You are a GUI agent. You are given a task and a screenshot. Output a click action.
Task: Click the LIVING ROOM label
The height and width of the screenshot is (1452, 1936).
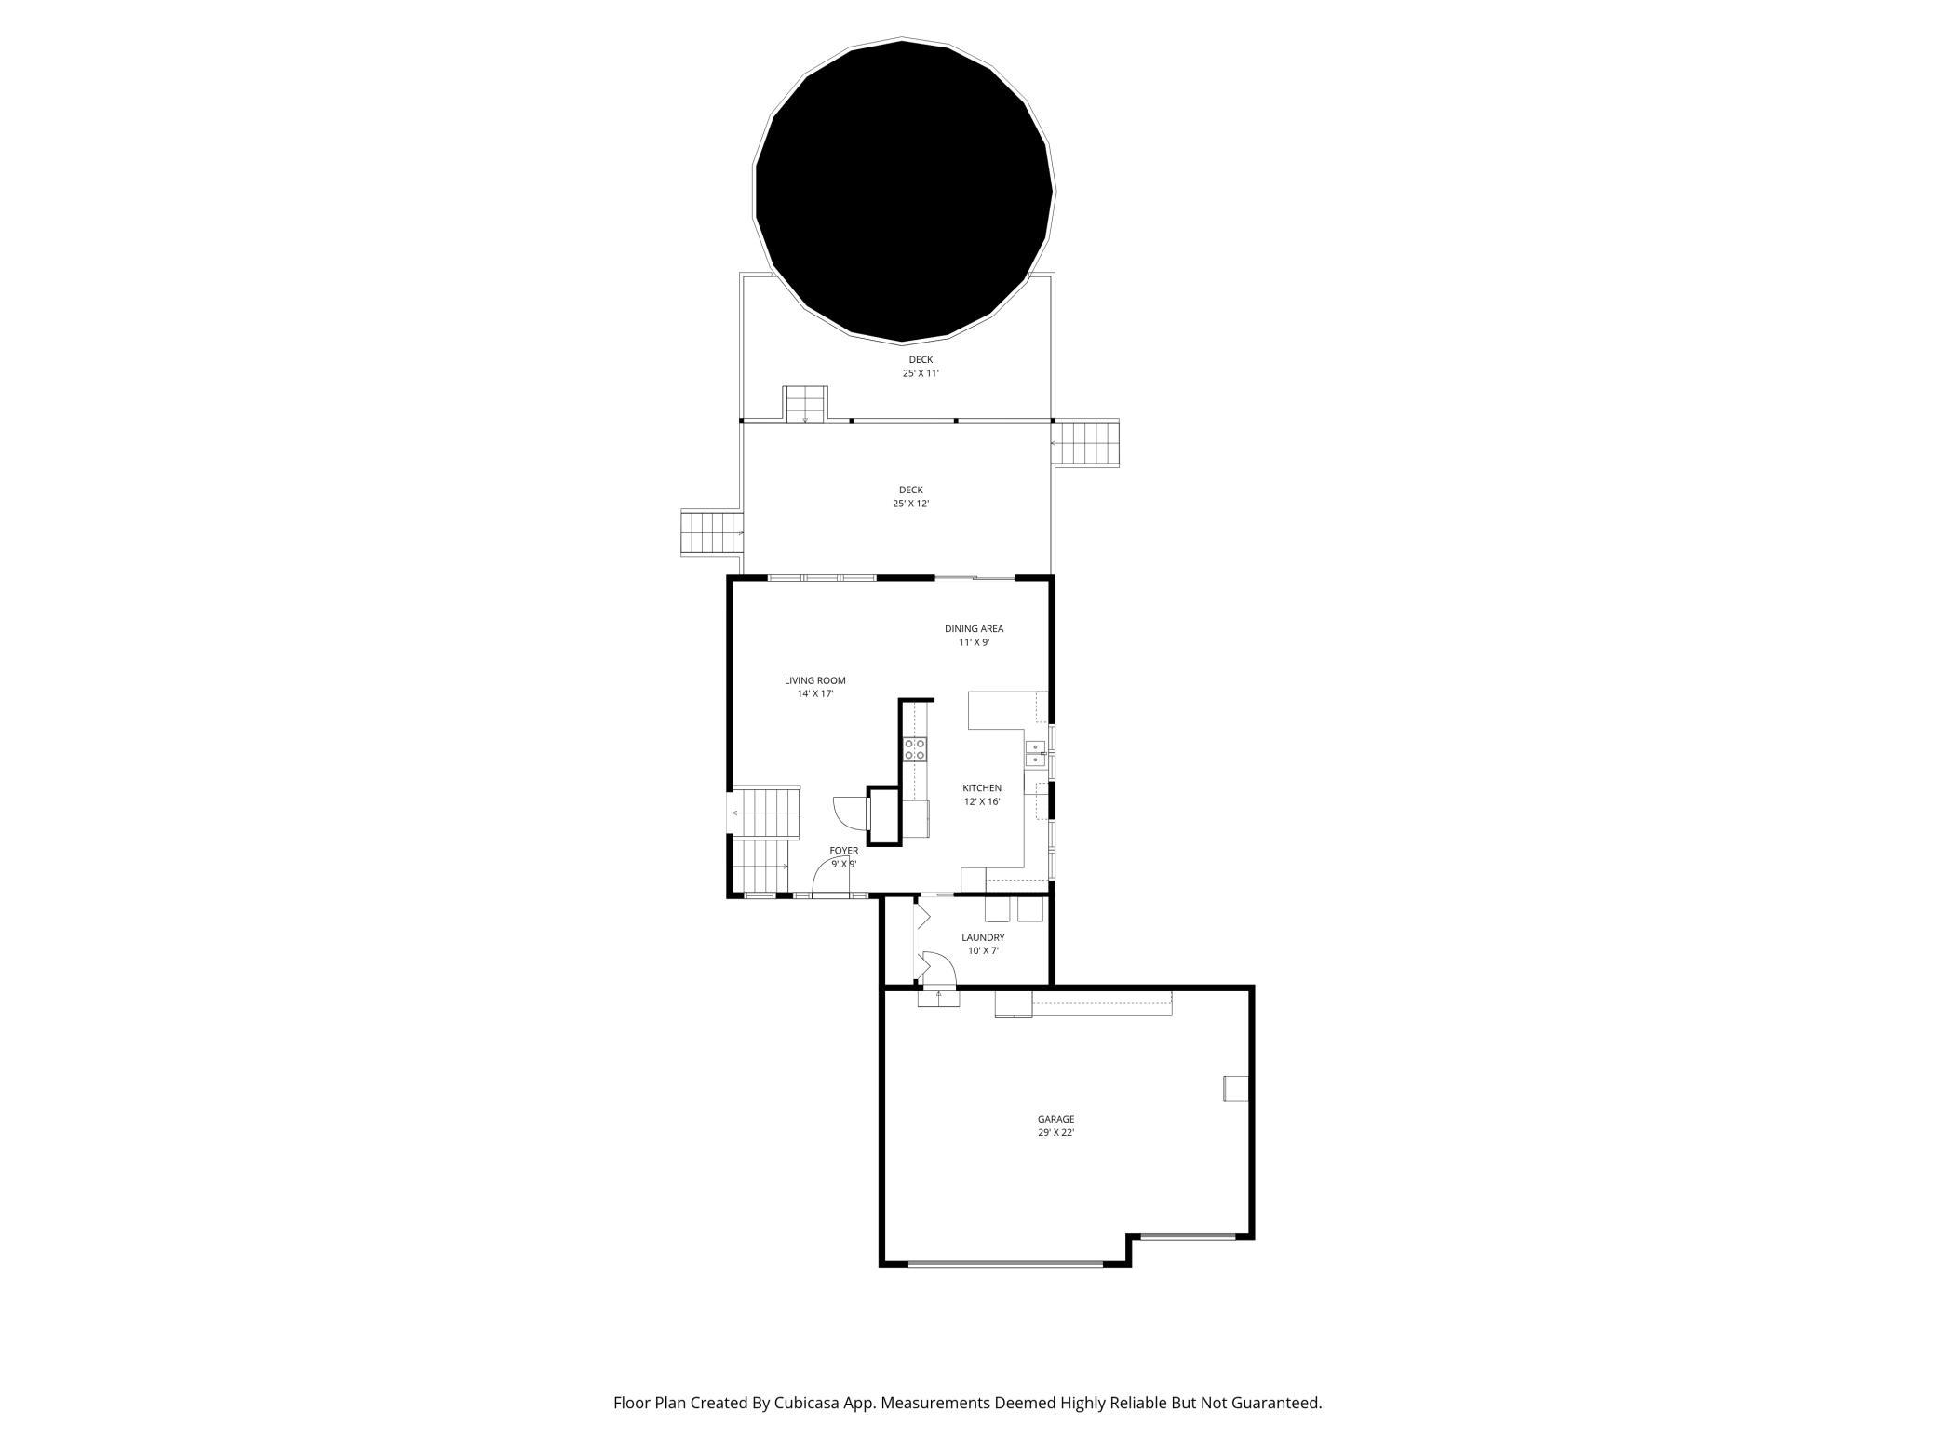tap(814, 680)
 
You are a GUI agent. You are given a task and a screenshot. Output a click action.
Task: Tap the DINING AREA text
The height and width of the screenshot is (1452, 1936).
tap(974, 628)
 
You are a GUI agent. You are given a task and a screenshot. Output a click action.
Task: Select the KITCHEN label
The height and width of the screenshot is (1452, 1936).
tap(981, 788)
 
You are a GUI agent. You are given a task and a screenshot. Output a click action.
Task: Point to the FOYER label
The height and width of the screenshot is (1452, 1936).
tap(843, 851)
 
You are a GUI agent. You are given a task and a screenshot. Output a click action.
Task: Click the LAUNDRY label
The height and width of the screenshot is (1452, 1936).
tap(983, 937)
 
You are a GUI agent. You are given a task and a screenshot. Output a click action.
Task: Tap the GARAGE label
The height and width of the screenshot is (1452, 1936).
tap(1055, 1119)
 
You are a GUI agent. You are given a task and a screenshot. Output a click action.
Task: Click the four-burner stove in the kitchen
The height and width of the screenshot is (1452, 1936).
tap(915, 749)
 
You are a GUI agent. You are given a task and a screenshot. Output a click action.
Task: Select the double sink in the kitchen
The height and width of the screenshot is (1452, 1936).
tap(1034, 754)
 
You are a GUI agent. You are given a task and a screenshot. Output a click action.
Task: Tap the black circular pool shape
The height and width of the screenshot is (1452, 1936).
tap(903, 191)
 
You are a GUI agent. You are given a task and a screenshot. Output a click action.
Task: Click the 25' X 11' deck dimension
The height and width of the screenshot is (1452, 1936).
tap(921, 373)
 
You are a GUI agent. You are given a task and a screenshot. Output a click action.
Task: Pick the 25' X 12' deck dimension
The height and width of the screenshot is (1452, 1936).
tap(910, 504)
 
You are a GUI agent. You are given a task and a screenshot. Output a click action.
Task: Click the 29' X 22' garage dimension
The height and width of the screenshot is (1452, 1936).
tap(1055, 1133)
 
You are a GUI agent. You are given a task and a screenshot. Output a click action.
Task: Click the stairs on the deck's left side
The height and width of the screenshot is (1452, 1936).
tap(712, 532)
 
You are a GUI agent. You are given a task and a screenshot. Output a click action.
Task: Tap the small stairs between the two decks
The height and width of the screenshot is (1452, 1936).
tap(805, 403)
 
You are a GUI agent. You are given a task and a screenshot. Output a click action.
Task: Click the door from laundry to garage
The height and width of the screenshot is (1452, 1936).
tap(938, 974)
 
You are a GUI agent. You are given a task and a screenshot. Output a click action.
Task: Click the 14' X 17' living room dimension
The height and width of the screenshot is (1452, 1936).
tap(814, 694)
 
